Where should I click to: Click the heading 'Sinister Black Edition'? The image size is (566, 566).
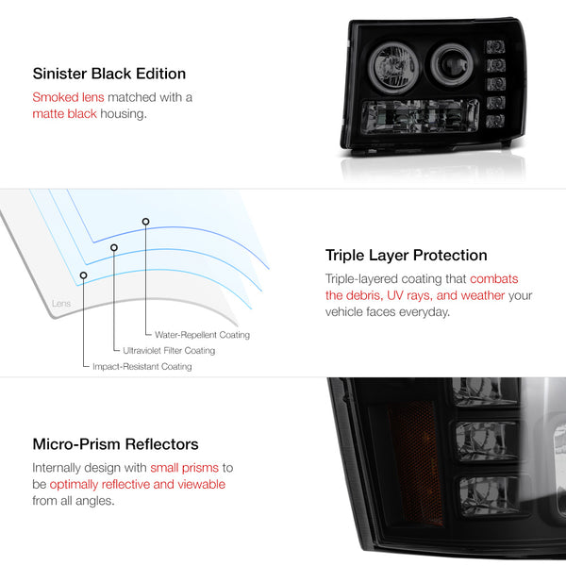[x=109, y=74]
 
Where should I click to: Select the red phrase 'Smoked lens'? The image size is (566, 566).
[x=68, y=97]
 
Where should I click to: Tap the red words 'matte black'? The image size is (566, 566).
[x=64, y=114]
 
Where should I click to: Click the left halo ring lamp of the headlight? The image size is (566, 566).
[x=393, y=68]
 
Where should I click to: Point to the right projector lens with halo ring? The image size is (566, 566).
[x=451, y=64]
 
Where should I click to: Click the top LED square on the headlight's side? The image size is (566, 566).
[x=495, y=46]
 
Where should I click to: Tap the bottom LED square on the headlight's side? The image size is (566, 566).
[x=495, y=121]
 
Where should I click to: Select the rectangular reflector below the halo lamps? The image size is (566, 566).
[x=420, y=116]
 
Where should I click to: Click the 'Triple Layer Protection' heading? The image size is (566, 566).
[x=406, y=256]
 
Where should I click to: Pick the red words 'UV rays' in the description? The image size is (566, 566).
[x=409, y=295]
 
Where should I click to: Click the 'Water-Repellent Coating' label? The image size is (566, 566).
[x=202, y=335]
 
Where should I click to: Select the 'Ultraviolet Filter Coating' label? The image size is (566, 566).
[x=169, y=351]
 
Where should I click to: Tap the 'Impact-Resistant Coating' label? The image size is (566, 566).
[x=142, y=366]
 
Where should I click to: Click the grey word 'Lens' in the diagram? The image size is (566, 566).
[x=61, y=303]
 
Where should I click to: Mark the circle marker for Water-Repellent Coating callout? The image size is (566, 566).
[x=145, y=222]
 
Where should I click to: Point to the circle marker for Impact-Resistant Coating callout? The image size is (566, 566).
[x=83, y=275]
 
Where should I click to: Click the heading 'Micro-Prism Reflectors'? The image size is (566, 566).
[x=115, y=444]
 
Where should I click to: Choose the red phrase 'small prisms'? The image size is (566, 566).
[x=185, y=468]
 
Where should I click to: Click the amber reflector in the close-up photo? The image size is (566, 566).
[x=415, y=463]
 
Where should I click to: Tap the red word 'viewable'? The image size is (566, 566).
[x=202, y=484]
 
